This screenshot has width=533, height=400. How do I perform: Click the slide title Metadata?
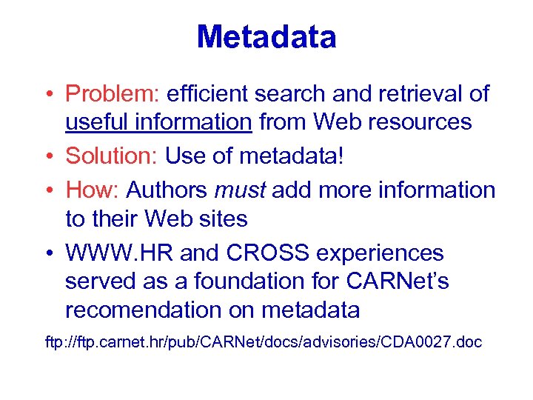click(x=266, y=37)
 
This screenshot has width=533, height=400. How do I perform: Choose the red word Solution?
click(x=113, y=156)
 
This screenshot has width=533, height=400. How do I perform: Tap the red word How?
click(x=93, y=190)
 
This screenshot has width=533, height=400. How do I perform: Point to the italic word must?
click(x=239, y=190)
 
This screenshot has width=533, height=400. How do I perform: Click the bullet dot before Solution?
click(x=56, y=156)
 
